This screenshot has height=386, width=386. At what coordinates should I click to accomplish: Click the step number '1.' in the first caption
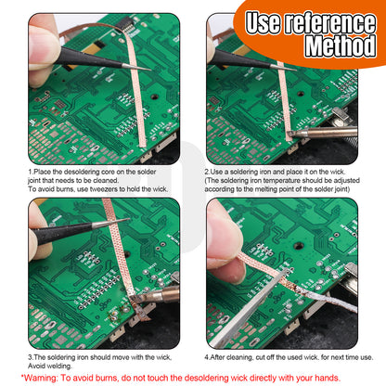pyautogui.click(x=31, y=172)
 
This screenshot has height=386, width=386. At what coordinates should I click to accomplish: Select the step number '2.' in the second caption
pyautogui.click(x=207, y=172)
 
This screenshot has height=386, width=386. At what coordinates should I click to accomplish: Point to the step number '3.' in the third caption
pyautogui.click(x=31, y=355)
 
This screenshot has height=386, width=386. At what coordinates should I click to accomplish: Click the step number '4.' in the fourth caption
pyautogui.click(x=207, y=355)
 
